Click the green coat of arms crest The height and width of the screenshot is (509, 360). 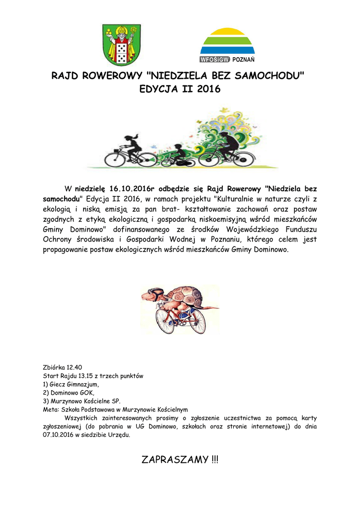pyautogui.click(x=121, y=45)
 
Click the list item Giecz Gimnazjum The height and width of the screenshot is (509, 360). pyautogui.click(x=74, y=384)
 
